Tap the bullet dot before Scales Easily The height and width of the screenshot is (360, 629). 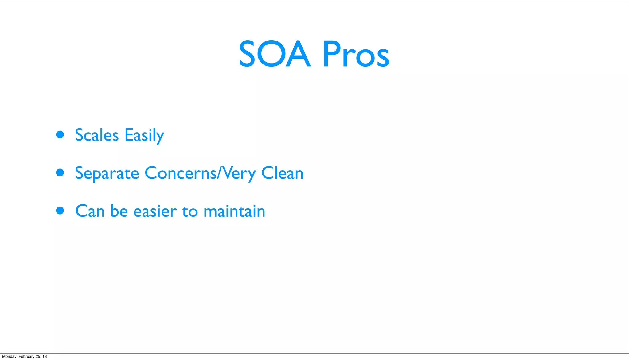click(60, 135)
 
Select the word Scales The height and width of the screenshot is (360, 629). click(97, 135)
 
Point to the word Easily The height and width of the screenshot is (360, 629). click(144, 135)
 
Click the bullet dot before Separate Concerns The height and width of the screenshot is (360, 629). click(60, 173)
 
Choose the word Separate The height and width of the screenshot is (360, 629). click(107, 173)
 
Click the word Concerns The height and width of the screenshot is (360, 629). click(180, 173)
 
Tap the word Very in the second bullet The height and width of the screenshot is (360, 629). click(239, 173)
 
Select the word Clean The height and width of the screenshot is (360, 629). click(282, 173)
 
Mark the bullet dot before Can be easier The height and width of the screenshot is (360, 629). click(60, 211)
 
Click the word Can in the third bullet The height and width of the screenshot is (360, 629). click(90, 211)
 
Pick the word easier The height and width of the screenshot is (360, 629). click(155, 211)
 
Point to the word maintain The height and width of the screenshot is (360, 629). click(234, 211)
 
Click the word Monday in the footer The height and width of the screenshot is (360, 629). click(9, 356)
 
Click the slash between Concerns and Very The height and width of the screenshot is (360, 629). click(219, 173)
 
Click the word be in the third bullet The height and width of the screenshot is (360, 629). click(119, 211)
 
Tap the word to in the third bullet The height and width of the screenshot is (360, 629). click(190, 211)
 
